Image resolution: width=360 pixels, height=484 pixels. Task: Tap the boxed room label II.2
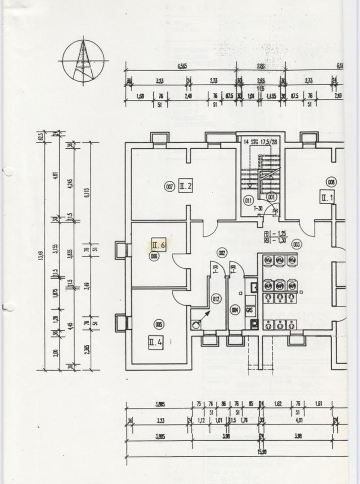186,187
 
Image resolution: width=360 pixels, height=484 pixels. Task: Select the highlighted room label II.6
159,246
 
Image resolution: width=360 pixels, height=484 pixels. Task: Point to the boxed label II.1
327,198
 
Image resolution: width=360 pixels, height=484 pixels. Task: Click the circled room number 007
170,187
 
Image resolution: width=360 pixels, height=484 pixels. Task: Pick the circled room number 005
159,325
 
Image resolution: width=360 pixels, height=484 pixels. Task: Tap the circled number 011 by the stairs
248,200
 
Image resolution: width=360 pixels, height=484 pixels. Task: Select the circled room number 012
216,299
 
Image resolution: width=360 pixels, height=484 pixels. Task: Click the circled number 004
234,310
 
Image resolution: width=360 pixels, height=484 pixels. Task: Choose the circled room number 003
296,245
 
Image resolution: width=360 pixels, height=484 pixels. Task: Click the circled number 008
331,182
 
